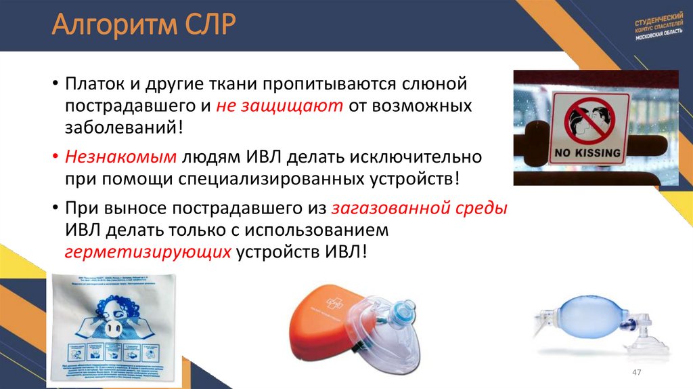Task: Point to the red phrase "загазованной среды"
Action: [x=420, y=208]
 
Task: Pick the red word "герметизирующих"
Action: [x=148, y=251]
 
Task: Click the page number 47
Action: [x=635, y=375]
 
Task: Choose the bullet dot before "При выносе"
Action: [x=55, y=208]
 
